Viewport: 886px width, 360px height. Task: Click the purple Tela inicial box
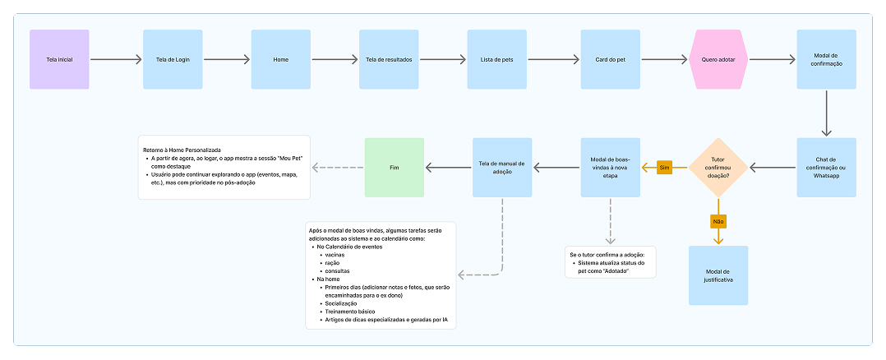tap(59, 59)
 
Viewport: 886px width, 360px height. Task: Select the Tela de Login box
tap(173, 59)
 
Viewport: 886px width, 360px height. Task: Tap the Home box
tap(281, 59)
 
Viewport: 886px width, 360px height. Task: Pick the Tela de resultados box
tap(389, 59)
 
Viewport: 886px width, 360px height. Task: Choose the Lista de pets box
tap(497, 59)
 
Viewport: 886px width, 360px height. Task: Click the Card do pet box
tap(611, 59)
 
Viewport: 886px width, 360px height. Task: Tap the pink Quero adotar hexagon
tap(719, 59)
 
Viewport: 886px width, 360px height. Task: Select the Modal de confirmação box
tap(827, 59)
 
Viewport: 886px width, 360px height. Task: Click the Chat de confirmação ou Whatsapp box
tap(827, 168)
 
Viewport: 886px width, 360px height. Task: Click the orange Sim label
tap(665, 168)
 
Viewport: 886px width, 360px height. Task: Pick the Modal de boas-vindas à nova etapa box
tap(611, 168)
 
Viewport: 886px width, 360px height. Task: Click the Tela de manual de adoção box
tap(502, 168)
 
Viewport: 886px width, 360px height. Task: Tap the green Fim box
tap(394, 168)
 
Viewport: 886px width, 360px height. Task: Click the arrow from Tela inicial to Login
tap(115, 59)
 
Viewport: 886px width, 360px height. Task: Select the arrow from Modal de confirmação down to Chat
tap(827, 113)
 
